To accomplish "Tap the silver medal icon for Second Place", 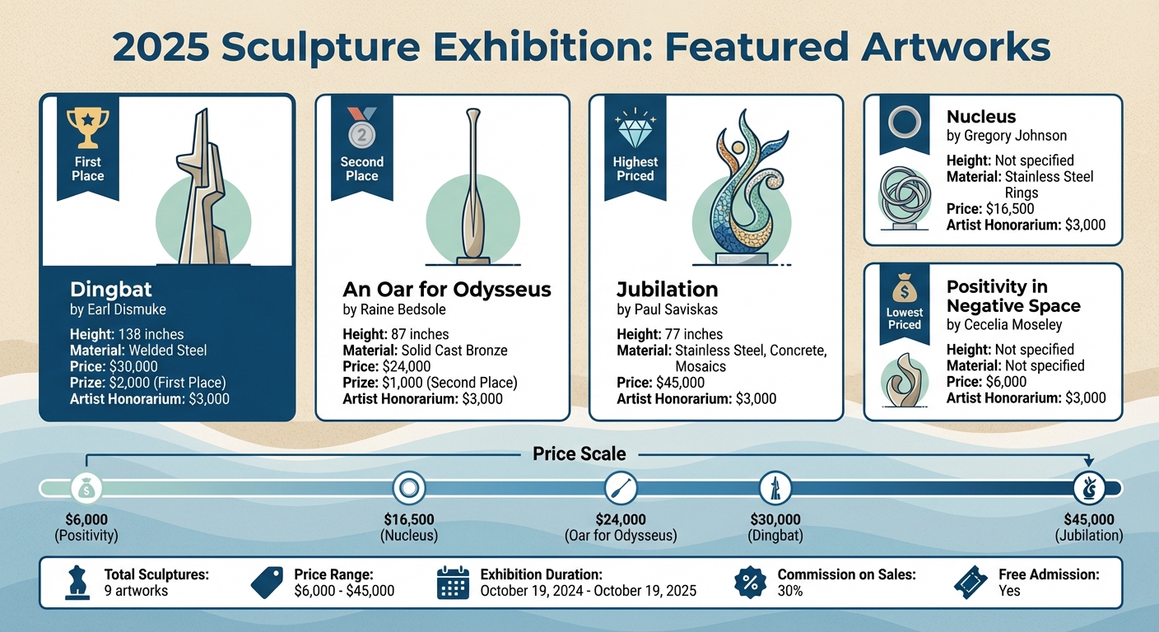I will tap(361, 125).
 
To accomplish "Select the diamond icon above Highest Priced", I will tap(635, 128).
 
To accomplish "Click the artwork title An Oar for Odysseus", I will tap(447, 290).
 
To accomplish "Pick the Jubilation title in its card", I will tap(668, 290).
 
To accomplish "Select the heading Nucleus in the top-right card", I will tap(981, 117).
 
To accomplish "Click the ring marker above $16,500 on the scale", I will tap(408, 488).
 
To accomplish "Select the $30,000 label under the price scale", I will tap(775, 520).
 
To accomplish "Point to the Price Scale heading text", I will tap(579, 454).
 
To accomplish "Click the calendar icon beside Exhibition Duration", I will tap(452, 582).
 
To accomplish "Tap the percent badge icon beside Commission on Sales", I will tap(750, 582).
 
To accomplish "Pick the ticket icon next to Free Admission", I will tap(970, 582).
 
